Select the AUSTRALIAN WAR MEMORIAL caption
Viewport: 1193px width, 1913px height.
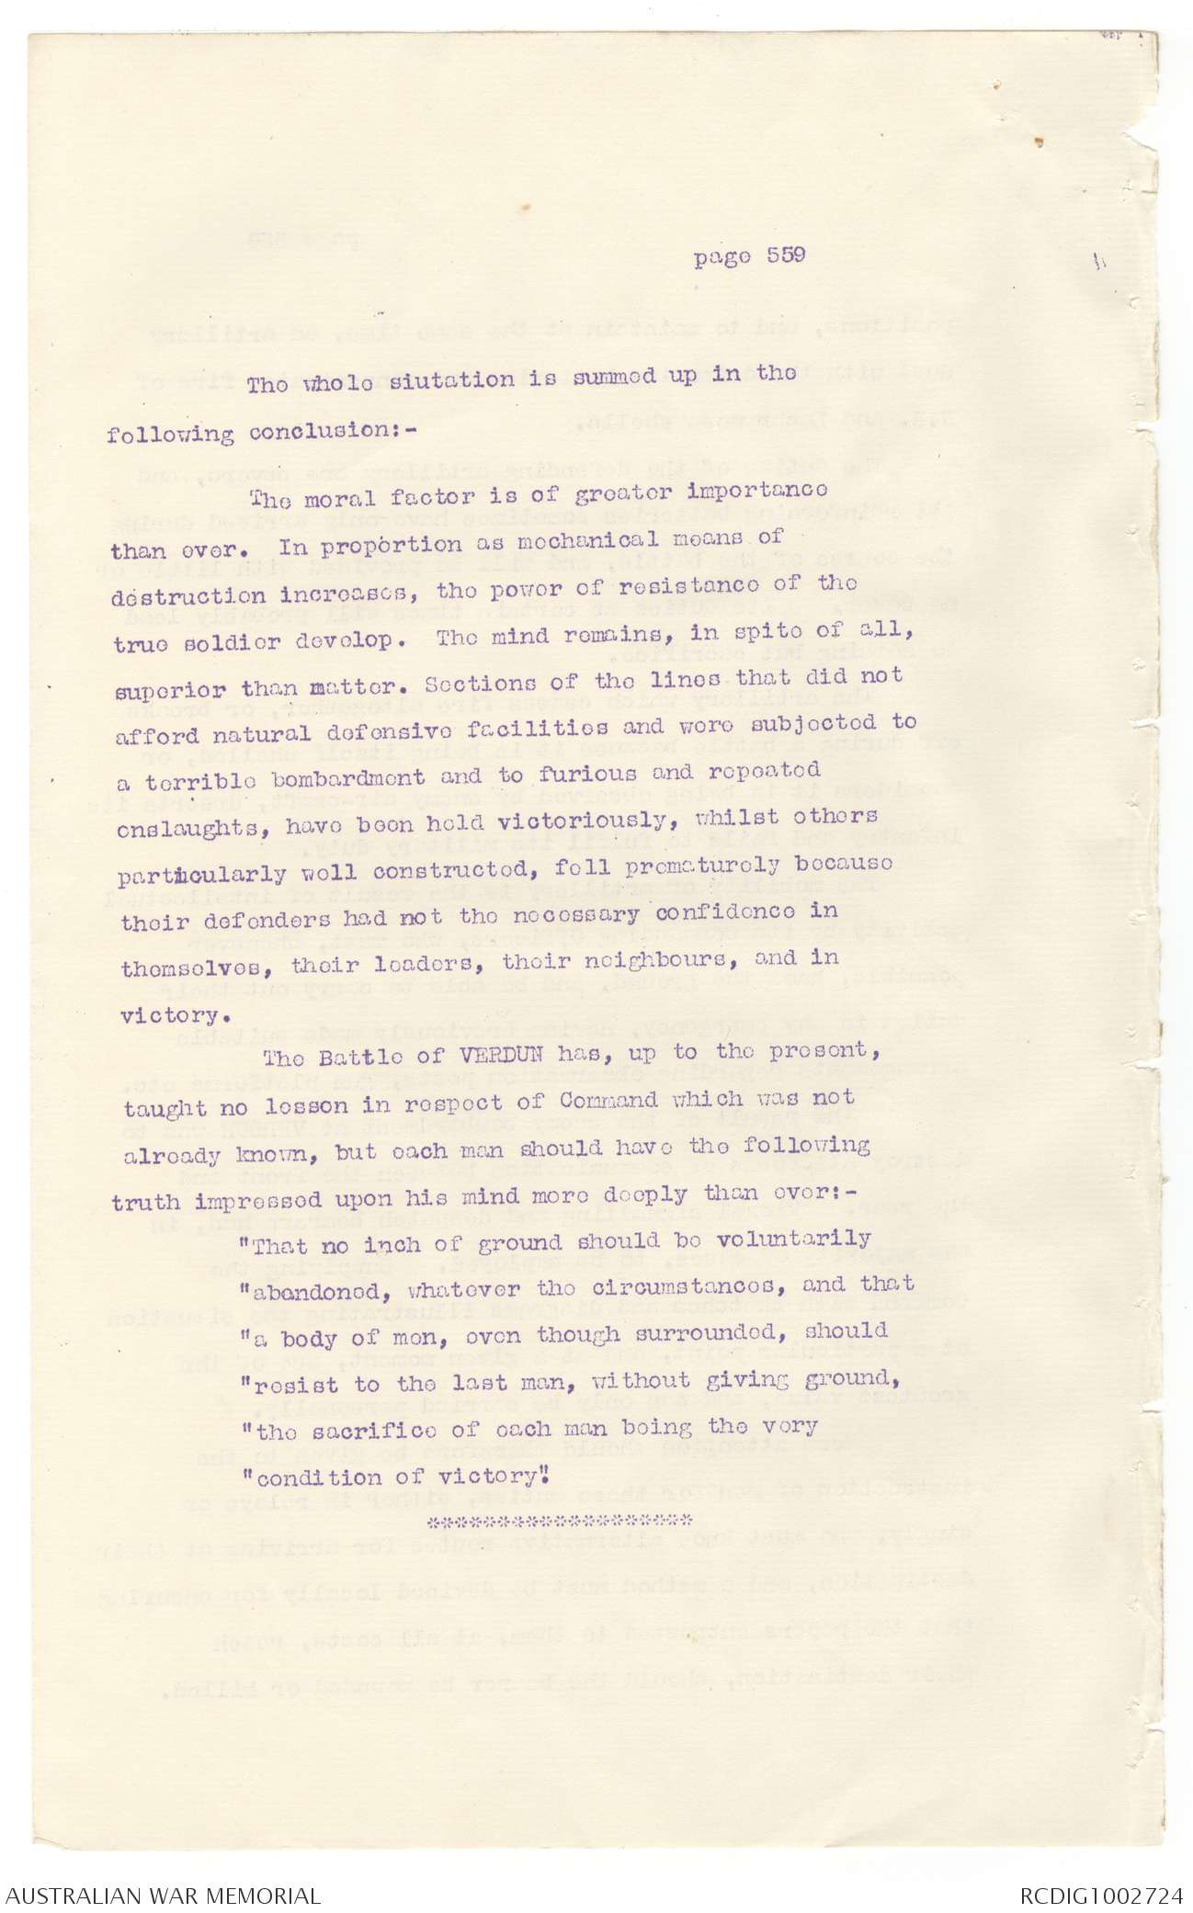tap(162, 1895)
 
